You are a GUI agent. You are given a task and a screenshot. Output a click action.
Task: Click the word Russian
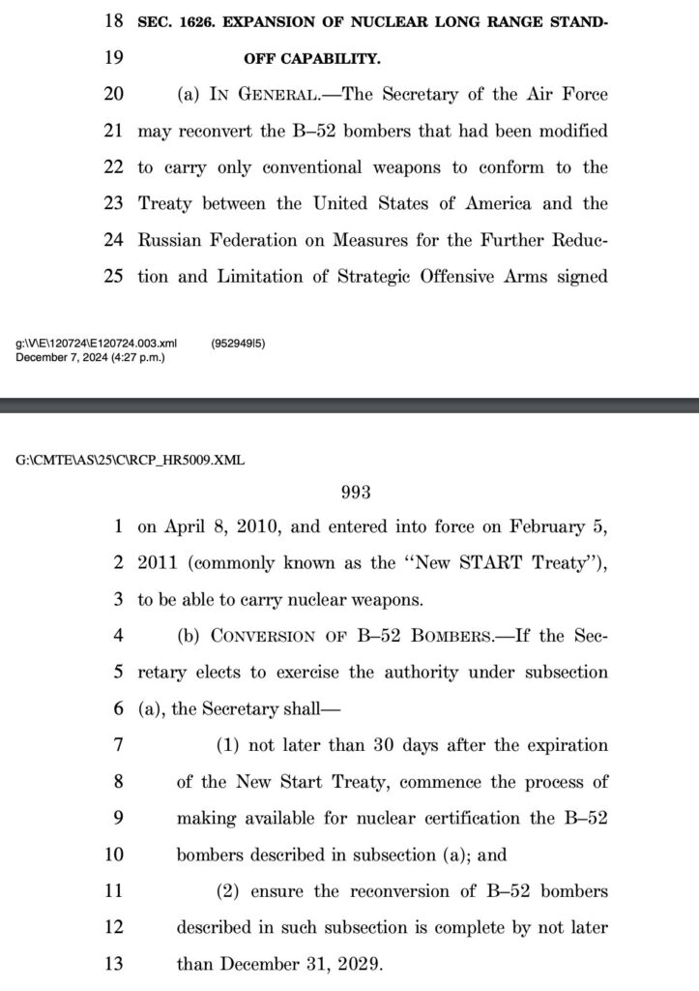coord(168,240)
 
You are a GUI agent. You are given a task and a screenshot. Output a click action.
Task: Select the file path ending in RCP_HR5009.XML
coord(131,460)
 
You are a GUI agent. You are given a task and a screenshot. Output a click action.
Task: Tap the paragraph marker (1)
coord(228,745)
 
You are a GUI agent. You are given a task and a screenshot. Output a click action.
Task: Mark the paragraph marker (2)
coord(228,891)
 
